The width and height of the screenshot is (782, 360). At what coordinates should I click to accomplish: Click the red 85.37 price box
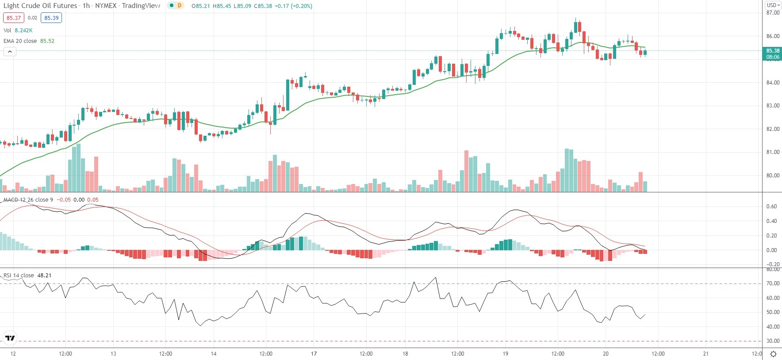(x=13, y=18)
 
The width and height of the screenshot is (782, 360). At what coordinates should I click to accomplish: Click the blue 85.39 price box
(x=51, y=18)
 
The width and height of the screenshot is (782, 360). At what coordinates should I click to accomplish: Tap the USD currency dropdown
(x=773, y=5)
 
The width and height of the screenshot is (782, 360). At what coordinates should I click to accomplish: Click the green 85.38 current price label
(x=772, y=51)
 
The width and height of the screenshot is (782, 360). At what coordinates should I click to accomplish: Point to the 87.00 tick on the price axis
(x=773, y=13)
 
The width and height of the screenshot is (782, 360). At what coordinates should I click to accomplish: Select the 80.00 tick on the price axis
(x=773, y=176)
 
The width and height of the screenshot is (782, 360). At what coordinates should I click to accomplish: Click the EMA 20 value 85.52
(x=47, y=41)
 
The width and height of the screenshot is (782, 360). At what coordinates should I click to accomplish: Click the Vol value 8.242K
(x=23, y=31)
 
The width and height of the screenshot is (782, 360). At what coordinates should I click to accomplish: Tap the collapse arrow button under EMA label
(x=10, y=52)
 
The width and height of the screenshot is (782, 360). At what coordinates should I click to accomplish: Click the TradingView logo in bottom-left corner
(x=10, y=338)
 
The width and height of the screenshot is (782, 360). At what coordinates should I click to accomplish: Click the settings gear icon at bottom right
(x=773, y=354)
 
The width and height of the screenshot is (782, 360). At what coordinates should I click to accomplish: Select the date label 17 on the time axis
(x=314, y=354)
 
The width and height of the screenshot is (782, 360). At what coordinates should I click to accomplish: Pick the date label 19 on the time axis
(x=506, y=354)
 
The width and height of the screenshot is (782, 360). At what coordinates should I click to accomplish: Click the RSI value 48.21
(x=44, y=276)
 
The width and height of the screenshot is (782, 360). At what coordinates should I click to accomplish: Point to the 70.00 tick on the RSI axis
(x=773, y=283)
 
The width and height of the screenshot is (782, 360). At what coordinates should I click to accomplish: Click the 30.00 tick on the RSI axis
(x=773, y=341)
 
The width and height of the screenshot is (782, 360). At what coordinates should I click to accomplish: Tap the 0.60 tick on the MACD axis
(x=771, y=207)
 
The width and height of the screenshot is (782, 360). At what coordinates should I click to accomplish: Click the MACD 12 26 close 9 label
(x=28, y=200)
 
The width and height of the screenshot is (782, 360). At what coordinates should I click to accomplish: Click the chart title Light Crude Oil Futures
(x=40, y=6)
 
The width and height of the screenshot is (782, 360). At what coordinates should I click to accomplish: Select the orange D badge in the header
(x=179, y=6)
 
